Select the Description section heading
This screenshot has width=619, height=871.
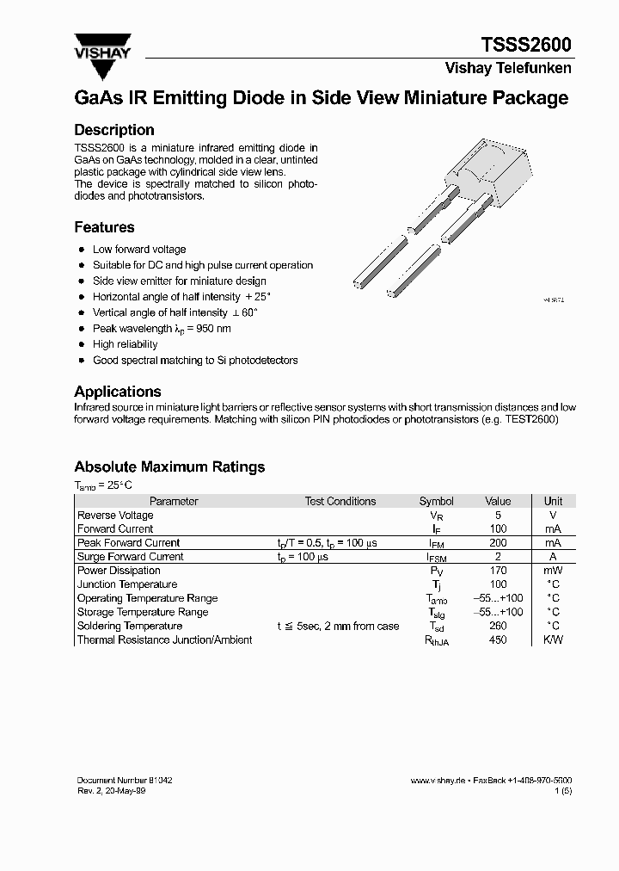114,130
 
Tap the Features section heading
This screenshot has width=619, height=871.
104,227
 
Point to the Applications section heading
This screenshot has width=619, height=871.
118,392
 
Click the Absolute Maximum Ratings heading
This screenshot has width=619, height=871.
169,466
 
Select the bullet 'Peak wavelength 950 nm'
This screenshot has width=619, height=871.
162,329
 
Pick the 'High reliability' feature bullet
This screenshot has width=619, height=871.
126,344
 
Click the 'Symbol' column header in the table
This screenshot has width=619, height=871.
436,501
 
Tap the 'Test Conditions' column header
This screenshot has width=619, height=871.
340,501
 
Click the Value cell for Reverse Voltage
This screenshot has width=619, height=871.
498,516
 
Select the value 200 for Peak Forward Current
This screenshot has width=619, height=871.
498,543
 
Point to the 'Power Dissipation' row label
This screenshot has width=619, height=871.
119,571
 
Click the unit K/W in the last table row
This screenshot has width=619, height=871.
553,639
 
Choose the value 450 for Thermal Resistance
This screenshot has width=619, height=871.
498,639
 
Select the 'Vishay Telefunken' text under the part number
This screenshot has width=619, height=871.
507,68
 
